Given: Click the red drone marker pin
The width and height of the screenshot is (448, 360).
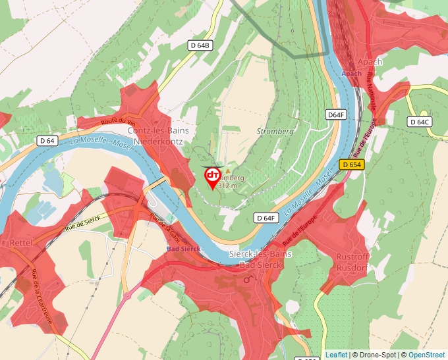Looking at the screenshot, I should (x=213, y=176).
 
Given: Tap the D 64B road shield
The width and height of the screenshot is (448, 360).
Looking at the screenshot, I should (x=200, y=45).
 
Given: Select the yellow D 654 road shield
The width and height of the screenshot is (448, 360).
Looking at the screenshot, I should (x=352, y=164).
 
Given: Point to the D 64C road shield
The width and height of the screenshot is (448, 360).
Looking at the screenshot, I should (x=420, y=122).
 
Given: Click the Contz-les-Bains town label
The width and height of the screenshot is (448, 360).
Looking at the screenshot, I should (x=161, y=131).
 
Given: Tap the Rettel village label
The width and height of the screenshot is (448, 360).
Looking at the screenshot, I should (x=22, y=242).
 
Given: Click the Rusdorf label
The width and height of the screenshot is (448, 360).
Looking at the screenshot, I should (x=351, y=267).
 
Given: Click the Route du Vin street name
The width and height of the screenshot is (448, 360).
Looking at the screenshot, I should (x=119, y=122).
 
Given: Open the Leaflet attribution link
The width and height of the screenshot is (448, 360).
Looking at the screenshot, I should (x=336, y=355).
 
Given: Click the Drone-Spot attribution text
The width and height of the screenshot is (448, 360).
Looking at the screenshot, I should (x=375, y=355).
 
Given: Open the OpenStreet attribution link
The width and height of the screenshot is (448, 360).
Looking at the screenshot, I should (x=428, y=355).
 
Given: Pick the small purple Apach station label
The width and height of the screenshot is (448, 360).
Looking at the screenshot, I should (x=352, y=74).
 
